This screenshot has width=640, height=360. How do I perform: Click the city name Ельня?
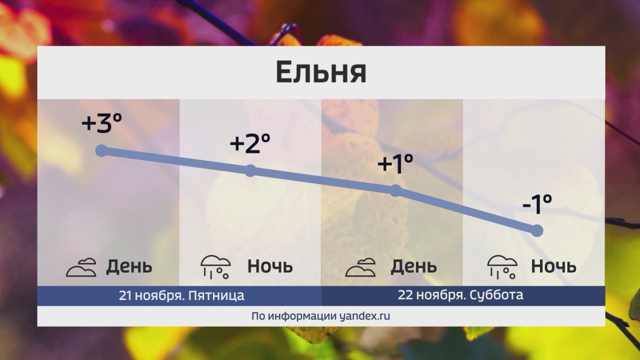[321, 72]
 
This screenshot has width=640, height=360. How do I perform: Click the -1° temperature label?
[536, 204]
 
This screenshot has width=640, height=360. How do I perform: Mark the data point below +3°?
[101, 150]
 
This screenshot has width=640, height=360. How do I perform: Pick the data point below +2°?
[250, 171]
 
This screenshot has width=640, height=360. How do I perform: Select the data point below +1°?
[395, 190]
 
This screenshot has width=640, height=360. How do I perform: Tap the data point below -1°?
[536, 230]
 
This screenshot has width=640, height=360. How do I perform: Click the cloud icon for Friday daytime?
[81, 267]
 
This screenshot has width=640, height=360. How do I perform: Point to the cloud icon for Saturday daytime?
[360, 267]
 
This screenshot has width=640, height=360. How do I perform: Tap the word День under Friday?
[129, 266]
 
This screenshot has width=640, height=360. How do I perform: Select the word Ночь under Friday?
[270, 266]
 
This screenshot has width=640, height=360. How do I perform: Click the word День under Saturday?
[413, 266]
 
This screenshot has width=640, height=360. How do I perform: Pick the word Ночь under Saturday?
[553, 266]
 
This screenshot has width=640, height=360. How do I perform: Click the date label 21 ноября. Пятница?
[181, 295]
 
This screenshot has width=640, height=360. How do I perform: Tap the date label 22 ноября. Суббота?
[460, 295]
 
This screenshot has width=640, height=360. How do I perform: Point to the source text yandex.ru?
[364, 316]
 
